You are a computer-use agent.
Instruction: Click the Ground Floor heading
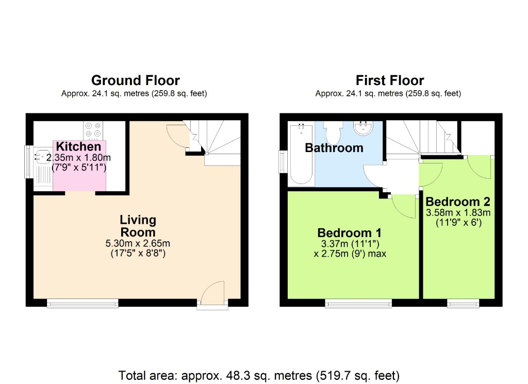[x=135, y=80]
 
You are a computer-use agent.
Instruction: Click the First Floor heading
[x=390, y=80]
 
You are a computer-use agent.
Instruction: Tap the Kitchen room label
[x=78, y=146]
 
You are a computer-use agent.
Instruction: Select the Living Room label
[x=138, y=226]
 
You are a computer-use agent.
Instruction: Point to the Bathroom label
[x=334, y=148]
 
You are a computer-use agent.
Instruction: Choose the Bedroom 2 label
[x=458, y=201]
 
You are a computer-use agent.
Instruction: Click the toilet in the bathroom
[x=334, y=132]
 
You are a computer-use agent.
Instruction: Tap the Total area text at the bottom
[x=259, y=374]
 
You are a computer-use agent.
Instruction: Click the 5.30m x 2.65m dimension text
[x=138, y=244]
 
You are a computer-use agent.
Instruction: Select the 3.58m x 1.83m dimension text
[x=458, y=212]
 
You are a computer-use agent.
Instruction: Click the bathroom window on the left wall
[x=283, y=162]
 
